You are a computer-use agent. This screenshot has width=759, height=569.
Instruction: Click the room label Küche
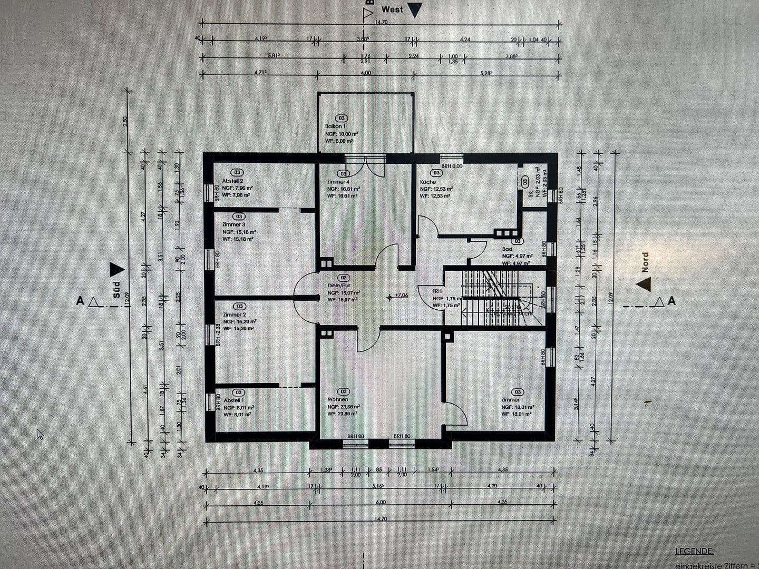click(428, 182)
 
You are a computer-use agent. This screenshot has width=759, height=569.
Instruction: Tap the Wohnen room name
click(337, 399)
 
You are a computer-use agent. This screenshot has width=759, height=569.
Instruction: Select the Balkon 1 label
click(335, 126)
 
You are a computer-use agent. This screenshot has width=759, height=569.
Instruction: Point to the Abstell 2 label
click(232, 180)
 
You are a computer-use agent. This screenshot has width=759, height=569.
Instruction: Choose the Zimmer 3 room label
click(233, 224)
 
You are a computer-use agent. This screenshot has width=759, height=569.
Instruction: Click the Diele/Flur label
click(339, 286)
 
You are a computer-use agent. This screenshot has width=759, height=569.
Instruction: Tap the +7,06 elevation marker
click(401, 296)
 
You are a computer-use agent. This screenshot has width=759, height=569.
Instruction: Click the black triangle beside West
click(415, 11)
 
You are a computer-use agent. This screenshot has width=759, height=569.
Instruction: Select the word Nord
click(645, 262)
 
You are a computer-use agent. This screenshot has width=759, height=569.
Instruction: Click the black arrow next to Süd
click(116, 270)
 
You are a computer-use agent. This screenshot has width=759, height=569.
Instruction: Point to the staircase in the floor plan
click(493, 298)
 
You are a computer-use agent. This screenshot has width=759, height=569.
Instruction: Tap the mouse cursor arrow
click(40, 434)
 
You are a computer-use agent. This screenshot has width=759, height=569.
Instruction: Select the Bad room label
click(507, 249)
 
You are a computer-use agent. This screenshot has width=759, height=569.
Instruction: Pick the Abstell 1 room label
click(233, 400)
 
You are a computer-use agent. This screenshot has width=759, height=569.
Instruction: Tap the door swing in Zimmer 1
click(456, 414)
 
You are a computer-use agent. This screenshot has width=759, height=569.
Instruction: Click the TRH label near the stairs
click(437, 291)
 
